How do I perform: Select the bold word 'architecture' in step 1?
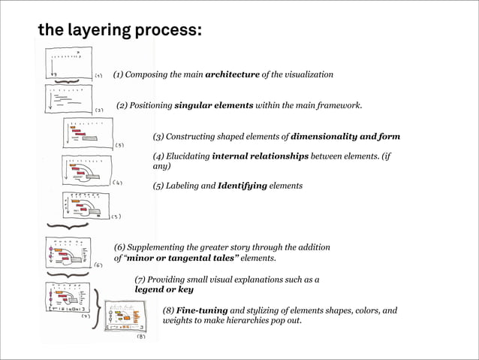(232, 74)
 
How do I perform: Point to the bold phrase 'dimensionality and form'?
(345, 137)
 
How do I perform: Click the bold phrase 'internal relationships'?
(261, 156)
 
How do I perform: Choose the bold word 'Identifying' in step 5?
(243, 186)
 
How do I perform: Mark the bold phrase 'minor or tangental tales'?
(182, 258)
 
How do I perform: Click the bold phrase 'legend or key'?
(164, 289)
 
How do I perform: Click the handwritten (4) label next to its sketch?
(118, 182)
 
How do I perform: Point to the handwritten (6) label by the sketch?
(98, 265)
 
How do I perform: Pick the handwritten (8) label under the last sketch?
(140, 337)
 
